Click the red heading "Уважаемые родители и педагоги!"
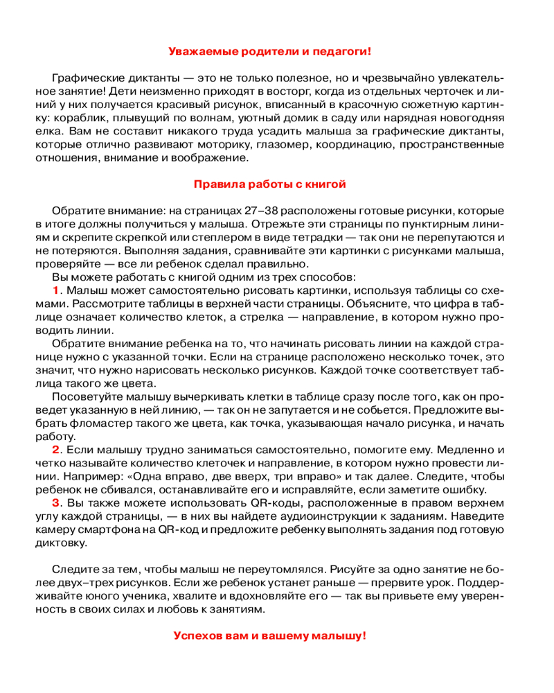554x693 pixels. coord(270,51)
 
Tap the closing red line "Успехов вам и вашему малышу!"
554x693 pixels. coord(269,635)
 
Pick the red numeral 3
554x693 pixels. coord(57,502)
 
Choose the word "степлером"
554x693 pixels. coord(181,237)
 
